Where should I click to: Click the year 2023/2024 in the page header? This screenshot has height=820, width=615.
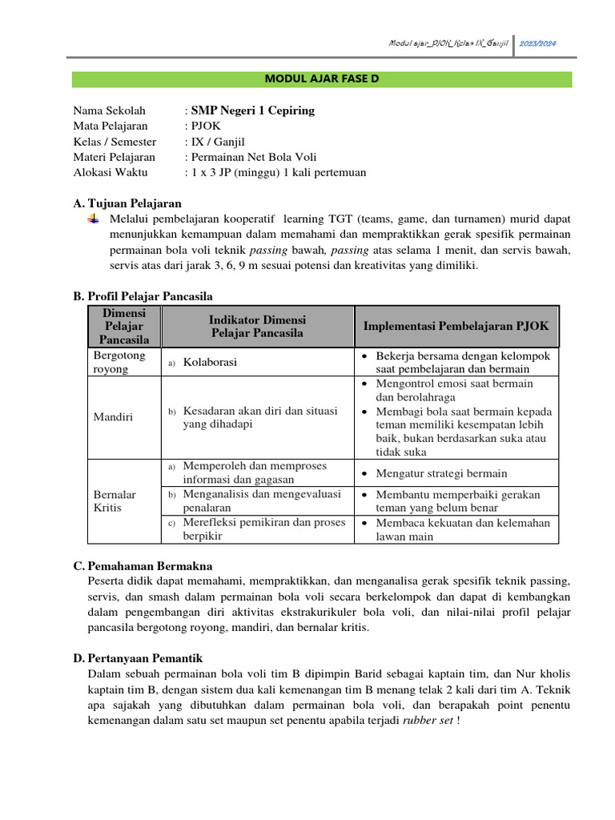(539, 42)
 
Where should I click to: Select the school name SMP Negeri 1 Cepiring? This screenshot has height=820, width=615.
(251, 111)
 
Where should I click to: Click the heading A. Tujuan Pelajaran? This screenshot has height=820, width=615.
(127, 203)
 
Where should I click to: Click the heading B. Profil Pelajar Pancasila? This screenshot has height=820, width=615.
(143, 296)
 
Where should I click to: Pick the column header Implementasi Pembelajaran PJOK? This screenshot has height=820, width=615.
(456, 327)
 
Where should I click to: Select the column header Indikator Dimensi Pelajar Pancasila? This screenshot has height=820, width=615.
(257, 326)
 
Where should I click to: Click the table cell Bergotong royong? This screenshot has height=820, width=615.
(116, 362)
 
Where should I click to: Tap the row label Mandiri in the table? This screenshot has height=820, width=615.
(114, 417)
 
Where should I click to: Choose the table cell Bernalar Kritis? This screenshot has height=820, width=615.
(115, 501)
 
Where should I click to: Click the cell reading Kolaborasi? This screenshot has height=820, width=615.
(210, 363)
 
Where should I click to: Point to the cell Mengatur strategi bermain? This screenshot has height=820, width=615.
(441, 473)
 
